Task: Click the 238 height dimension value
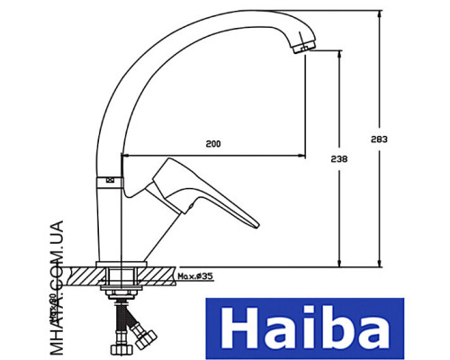pyautogui.click(x=338, y=158)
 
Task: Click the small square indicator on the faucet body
pyautogui.click(x=112, y=179)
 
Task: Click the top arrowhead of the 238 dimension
pyautogui.click(x=338, y=52)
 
